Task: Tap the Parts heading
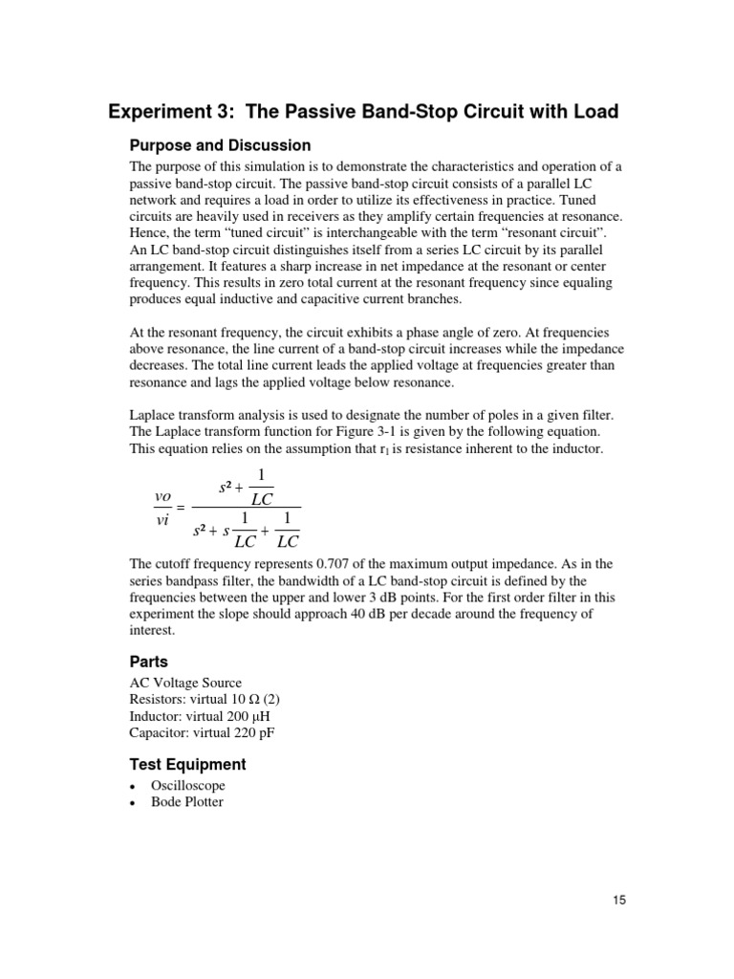pyautogui.click(x=149, y=662)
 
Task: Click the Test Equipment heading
pyautogui.click(x=187, y=765)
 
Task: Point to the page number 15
pyautogui.click(x=616, y=900)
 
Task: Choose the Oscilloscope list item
pyautogui.click(x=187, y=786)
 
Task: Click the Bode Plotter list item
pyautogui.click(x=186, y=802)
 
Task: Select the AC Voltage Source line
pyautogui.click(x=185, y=683)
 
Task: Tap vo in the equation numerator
pyautogui.click(x=162, y=496)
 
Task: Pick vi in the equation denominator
pyautogui.click(x=162, y=518)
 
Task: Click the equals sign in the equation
pyautogui.click(x=181, y=508)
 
